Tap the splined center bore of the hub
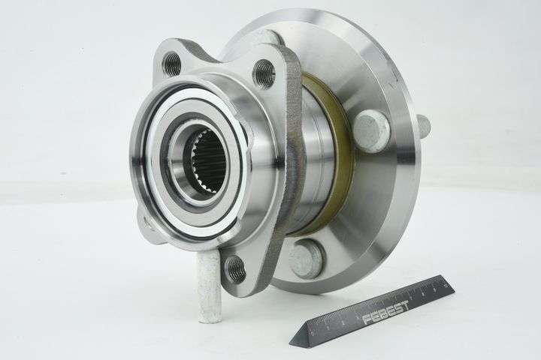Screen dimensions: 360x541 point(208,160)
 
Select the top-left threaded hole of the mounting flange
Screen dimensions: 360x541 point(172,64)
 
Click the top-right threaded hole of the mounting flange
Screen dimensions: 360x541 point(264,73)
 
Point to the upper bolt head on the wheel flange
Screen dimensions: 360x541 point(371,130)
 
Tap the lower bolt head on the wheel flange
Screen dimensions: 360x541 point(307,259)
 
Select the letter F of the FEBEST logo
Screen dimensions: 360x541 point(367,321)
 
